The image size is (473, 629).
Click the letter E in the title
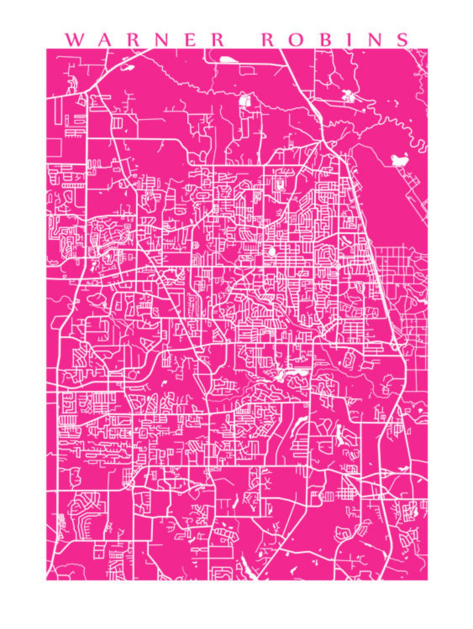click(191, 40)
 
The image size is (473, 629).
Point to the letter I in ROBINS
click(350, 40)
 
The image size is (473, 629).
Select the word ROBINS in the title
click(335, 40)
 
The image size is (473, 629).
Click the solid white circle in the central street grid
click(272, 252)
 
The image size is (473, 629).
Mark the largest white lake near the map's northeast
click(399, 160)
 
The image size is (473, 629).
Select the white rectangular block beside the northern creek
click(245, 101)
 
